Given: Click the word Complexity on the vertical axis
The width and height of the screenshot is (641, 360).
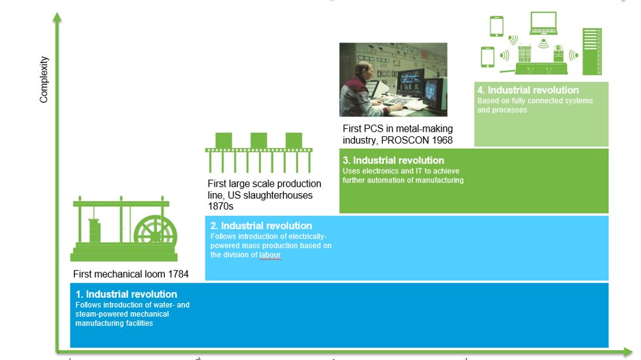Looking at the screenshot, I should pyautogui.click(x=44, y=79).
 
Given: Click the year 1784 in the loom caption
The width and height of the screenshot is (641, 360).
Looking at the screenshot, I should pyautogui.click(x=177, y=274).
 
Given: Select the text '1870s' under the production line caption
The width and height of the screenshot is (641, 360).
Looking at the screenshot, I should pyautogui.click(x=220, y=206).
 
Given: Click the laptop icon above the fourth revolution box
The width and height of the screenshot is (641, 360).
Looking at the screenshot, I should pyautogui.click(x=543, y=24).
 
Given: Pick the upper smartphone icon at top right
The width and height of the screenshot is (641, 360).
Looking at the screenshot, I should pyautogui.click(x=496, y=26).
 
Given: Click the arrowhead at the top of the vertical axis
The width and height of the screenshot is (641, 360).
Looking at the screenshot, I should pyautogui.click(x=58, y=14).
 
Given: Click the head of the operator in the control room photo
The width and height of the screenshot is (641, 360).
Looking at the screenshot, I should pyautogui.click(x=358, y=73).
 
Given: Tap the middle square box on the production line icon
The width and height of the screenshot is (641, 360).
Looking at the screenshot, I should pyautogui.click(x=259, y=140).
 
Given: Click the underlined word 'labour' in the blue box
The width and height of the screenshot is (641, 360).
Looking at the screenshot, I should pyautogui.click(x=269, y=255).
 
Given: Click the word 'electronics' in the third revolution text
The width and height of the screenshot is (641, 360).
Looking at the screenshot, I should pyautogui.click(x=377, y=171).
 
